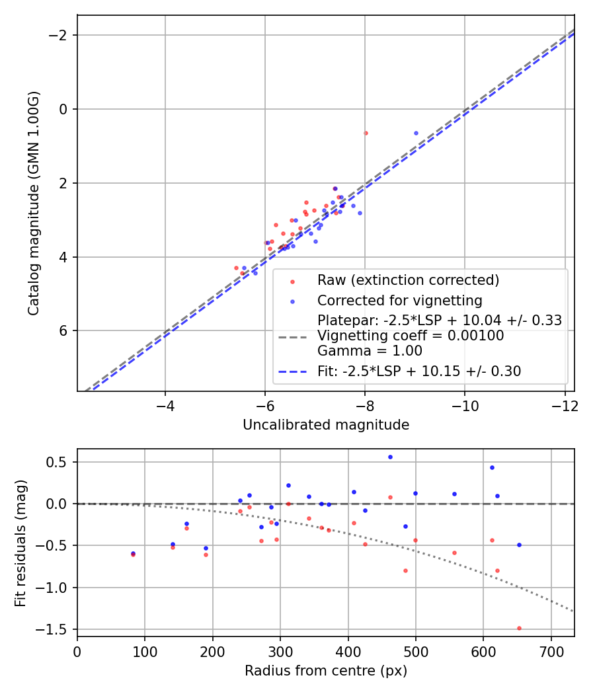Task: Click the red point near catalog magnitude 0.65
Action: tap(366, 133)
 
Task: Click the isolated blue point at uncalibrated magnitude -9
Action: tap(416, 133)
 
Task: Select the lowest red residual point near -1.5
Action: tap(519, 628)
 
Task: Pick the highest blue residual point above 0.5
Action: tap(390, 457)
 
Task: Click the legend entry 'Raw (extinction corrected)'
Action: tap(408, 280)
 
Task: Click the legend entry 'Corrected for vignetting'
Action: tap(399, 300)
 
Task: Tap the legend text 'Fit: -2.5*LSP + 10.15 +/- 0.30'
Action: tap(419, 371)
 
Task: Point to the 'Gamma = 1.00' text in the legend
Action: tap(370, 351)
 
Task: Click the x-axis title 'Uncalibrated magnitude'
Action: tap(326, 425)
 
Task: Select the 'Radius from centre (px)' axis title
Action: tap(326, 671)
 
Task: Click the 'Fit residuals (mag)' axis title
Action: tap(20, 543)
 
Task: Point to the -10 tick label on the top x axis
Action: tap(464, 406)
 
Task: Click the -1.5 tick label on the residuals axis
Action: tap(56, 629)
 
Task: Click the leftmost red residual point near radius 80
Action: tap(133, 555)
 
